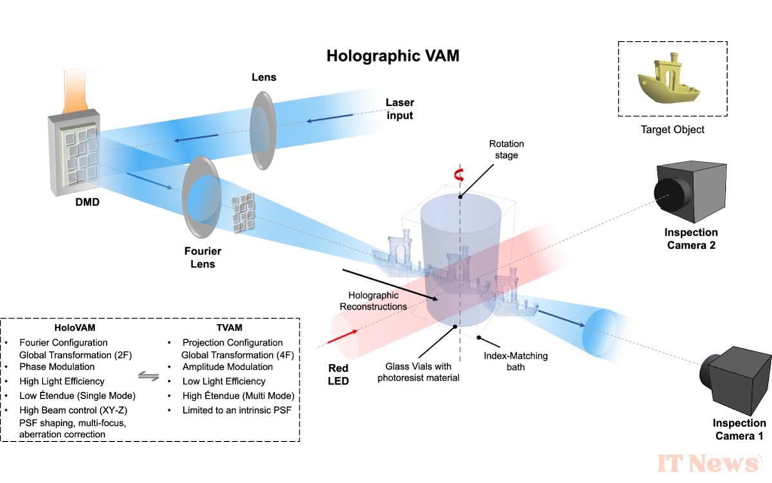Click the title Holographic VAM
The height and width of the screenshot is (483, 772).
coord(393,55)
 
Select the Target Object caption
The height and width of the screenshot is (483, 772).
coord(672,129)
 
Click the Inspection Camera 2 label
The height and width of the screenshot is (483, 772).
coord(692,238)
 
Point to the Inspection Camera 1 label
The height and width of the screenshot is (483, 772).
coord(739,429)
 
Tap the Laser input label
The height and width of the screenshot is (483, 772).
coord(399,109)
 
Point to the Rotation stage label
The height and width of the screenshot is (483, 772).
coord(506,149)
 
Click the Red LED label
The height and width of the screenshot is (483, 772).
coord(338,374)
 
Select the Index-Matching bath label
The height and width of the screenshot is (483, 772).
coord(507,361)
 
